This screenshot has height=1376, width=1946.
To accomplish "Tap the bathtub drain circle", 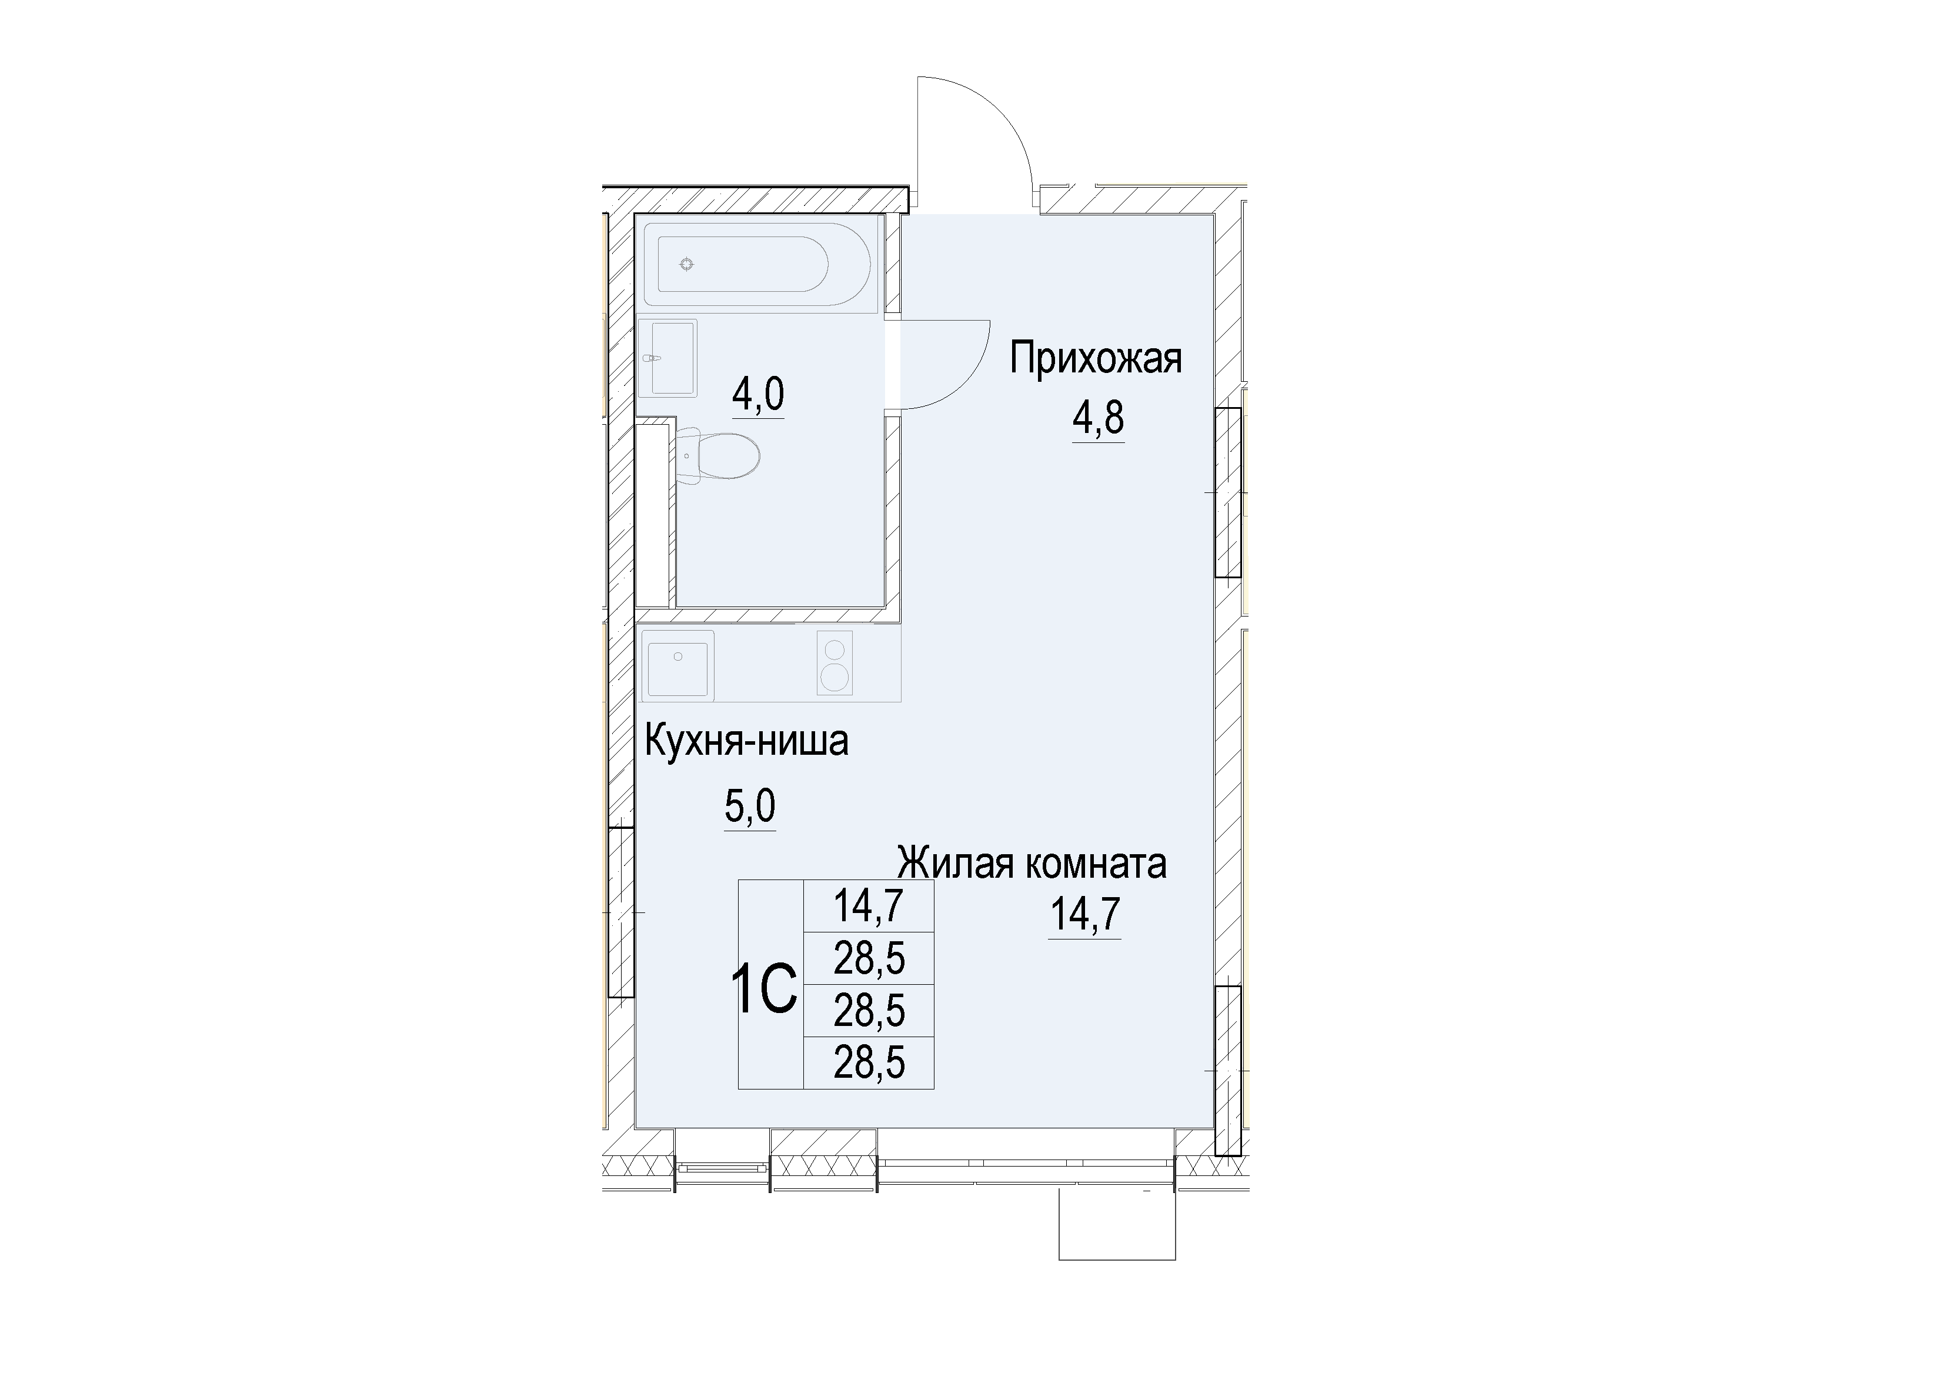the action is click(x=686, y=265).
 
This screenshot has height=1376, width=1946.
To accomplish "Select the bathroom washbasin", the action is click(x=669, y=358).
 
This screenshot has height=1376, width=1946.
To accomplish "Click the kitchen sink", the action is click(x=678, y=665).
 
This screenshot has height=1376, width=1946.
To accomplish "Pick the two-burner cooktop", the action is click(x=835, y=665).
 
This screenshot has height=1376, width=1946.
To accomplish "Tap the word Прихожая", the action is click(x=1095, y=359).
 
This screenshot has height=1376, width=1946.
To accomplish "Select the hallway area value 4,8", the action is click(x=1099, y=419).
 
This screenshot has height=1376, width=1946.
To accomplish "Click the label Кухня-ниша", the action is click(x=747, y=742).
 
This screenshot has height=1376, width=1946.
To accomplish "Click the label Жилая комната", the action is click(x=1032, y=864).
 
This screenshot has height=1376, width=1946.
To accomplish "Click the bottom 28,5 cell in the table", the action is click(x=869, y=1062).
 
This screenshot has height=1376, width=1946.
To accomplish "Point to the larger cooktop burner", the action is click(x=835, y=677).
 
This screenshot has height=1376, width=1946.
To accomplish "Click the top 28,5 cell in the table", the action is click(x=869, y=959).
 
